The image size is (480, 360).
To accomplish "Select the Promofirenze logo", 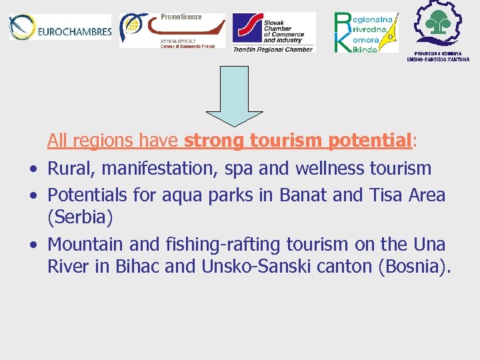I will [x=172, y=30].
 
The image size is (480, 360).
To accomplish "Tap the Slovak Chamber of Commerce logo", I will [x=273, y=32].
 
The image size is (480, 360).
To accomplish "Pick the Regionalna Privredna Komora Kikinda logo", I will [x=365, y=31].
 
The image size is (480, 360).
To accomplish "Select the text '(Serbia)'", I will [x=80, y=218].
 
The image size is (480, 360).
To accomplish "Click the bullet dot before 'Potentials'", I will [x=33, y=196].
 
